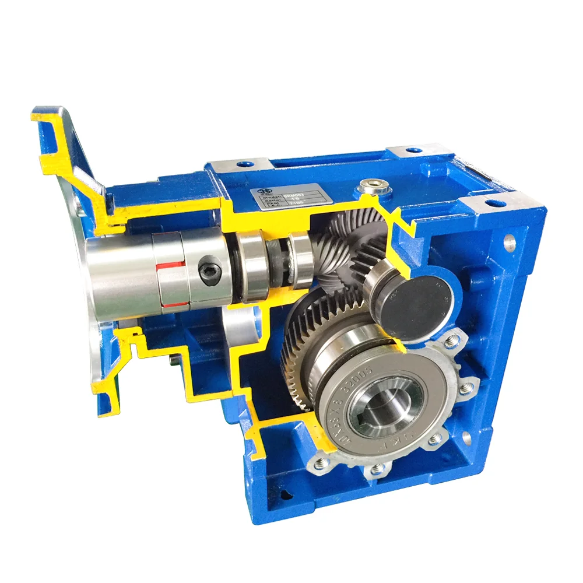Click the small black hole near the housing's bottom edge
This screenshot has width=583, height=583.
click(x=285, y=494)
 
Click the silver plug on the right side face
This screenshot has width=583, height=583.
click(x=511, y=239)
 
